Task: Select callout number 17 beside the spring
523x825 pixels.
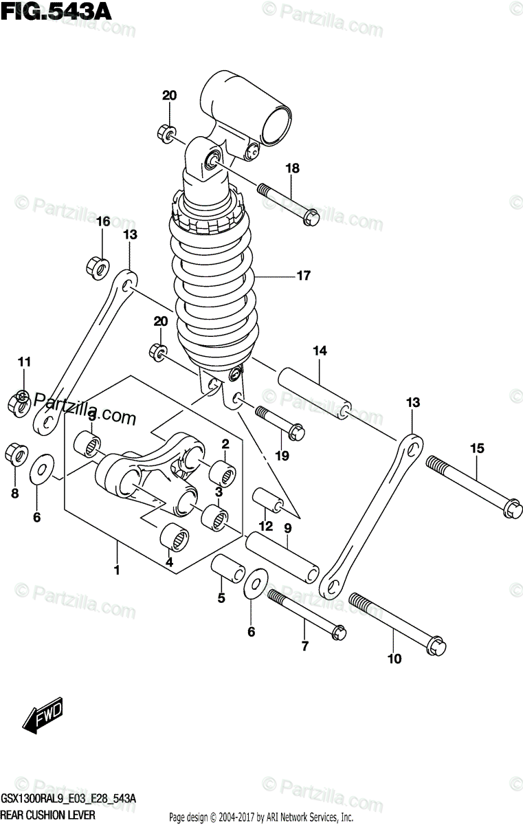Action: (303, 276)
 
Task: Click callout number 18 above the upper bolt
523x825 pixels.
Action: (293, 168)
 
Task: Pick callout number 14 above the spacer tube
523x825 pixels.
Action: (319, 351)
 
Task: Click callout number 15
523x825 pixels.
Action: (476, 448)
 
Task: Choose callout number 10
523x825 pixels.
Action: (394, 659)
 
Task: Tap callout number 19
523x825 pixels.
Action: (281, 456)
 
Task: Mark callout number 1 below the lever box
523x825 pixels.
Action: (117, 570)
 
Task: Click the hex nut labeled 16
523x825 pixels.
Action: (97, 265)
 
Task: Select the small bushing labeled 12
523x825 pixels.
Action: (268, 500)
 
